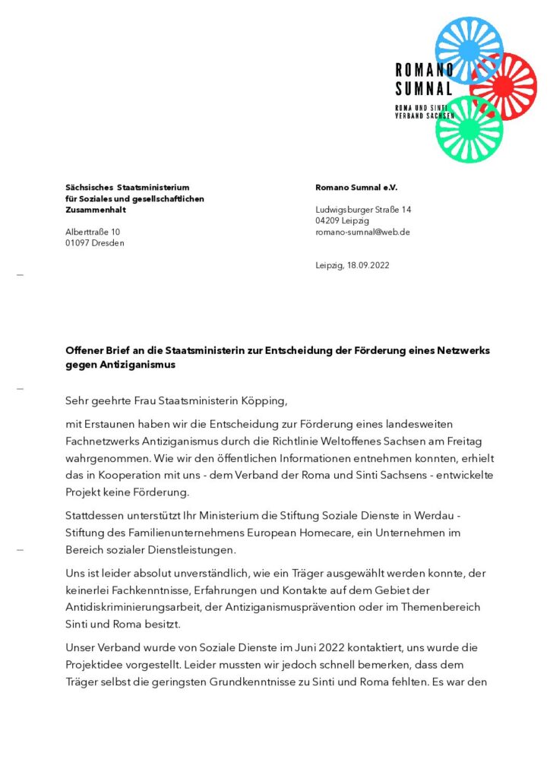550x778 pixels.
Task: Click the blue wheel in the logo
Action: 469,50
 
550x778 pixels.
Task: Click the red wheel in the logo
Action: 503,87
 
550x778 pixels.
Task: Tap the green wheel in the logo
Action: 469,128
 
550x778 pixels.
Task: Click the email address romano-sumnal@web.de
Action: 362,232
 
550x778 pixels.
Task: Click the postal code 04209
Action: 328,220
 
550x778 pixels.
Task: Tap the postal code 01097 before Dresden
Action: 78,243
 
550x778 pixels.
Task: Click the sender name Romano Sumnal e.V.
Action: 356,187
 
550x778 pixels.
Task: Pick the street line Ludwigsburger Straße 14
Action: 363,209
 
